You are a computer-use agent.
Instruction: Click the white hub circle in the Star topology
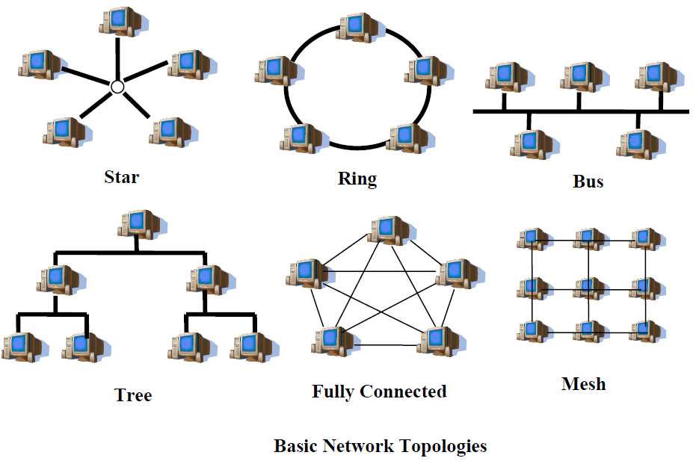coord(117,87)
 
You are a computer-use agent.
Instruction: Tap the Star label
coord(121,177)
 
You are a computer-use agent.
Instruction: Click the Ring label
coord(357,179)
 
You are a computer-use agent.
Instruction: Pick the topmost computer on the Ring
coord(357,26)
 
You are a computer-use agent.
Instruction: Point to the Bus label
coord(588,181)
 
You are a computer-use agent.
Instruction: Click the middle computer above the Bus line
coord(580,77)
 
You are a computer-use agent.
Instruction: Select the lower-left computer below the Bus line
coord(530,143)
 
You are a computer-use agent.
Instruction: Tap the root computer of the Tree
coord(138,223)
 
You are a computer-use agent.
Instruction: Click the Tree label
coord(133,394)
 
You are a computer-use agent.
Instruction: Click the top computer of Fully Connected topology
coord(389,230)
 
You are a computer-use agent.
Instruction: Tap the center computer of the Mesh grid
coord(588,287)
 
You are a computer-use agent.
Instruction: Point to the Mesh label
coord(583,385)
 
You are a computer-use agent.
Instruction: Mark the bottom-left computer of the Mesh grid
coord(532,330)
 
